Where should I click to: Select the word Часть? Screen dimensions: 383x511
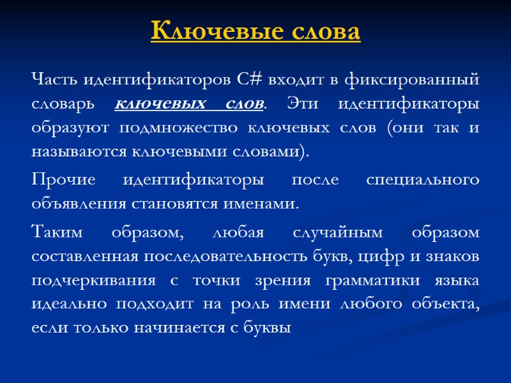coord(50,80)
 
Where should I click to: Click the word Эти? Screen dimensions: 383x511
coord(299,103)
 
